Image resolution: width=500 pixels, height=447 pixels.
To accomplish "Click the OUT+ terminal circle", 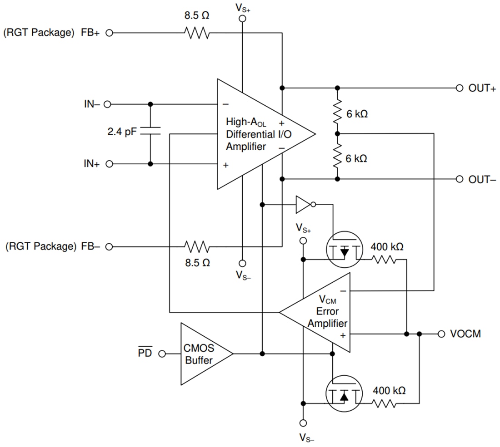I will pos(459,88).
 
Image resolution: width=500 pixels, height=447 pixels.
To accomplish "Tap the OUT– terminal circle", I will pos(459,179).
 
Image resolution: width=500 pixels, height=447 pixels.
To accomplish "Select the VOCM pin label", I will pos(465,334).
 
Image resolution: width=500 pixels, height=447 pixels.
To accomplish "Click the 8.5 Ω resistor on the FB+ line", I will pos(196,33).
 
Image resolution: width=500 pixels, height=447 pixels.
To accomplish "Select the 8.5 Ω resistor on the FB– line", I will pos(196,247).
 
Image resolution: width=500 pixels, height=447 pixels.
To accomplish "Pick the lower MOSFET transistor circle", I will pos(345,393).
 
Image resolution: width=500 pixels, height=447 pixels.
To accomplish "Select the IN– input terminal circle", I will pos(108,104).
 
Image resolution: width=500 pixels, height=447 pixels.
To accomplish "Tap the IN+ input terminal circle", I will pos(108,164).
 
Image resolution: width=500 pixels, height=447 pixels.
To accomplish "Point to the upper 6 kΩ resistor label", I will pos(356,114).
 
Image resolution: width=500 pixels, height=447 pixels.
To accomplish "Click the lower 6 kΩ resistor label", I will pos(356,158).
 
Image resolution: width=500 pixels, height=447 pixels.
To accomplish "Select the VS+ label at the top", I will pos(242,7).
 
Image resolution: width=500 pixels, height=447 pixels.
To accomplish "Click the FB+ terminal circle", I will pos(108,33).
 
